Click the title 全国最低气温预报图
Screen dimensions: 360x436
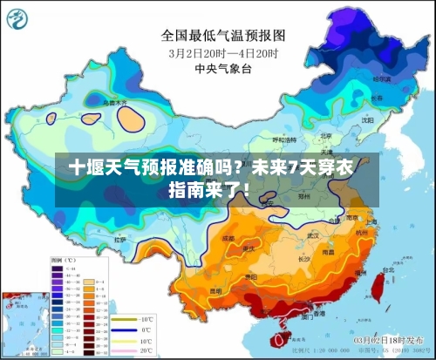(223, 36)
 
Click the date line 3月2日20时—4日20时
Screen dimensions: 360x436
(223, 53)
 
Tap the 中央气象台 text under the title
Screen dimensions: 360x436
(223, 68)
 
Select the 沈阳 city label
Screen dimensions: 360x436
(367, 119)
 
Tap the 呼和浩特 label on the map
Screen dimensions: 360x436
(284, 139)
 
